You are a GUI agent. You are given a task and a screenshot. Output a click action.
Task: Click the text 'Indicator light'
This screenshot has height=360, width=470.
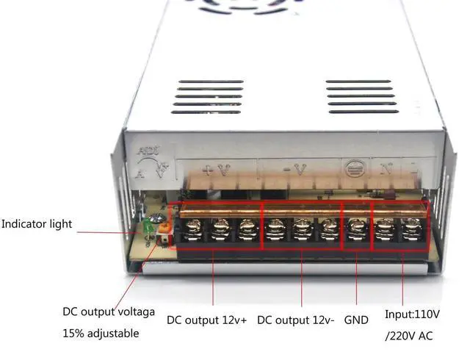tap(37, 223)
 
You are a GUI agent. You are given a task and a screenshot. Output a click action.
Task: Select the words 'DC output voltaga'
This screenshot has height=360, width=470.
tap(108, 312)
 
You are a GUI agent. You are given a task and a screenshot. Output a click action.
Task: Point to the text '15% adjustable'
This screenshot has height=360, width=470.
tap(101, 333)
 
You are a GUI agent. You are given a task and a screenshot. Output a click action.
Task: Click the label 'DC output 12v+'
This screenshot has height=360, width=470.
tap(207, 320)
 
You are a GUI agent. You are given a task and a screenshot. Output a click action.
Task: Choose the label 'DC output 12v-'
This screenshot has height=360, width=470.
tap(297, 320)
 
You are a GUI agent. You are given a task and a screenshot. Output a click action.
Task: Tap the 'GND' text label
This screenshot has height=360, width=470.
tap(356, 320)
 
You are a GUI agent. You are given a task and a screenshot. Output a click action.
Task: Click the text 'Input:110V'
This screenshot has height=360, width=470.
tap(412, 314)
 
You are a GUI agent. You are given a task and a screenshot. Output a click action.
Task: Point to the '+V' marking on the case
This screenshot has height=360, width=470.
tap(217, 170)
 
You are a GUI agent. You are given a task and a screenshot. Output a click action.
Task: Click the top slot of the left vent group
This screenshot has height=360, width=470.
tap(210, 82)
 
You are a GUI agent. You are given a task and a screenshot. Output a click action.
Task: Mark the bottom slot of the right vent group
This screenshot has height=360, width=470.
tap(363, 111)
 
